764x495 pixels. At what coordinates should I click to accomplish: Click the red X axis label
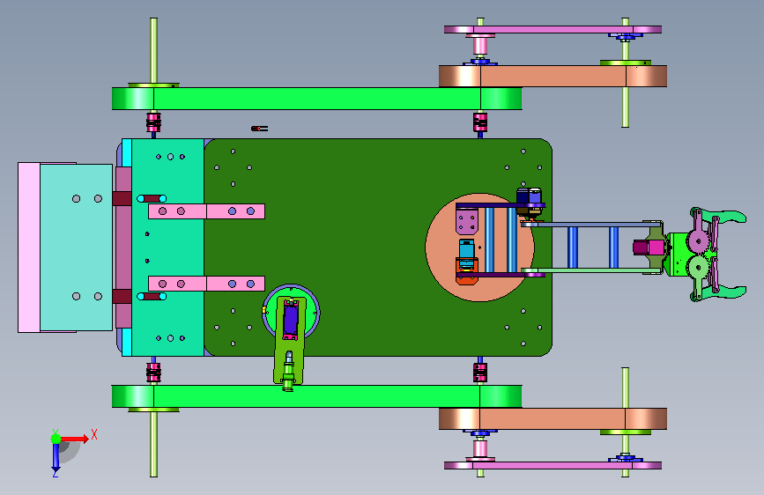pos(94,434)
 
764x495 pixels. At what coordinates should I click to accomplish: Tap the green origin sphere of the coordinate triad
pos(56,439)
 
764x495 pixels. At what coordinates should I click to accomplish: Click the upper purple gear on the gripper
pos(698,240)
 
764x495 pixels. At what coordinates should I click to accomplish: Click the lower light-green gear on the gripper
pos(698,266)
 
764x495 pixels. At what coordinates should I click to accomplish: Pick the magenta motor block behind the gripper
pos(649,247)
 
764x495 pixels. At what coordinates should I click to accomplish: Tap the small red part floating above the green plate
pos(259,129)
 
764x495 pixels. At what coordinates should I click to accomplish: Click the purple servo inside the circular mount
pos(291,319)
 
